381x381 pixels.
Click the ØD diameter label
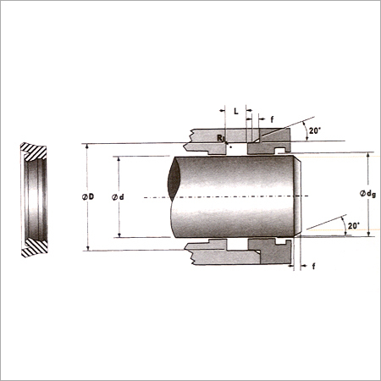(88, 196)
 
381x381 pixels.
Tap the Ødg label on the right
(367, 194)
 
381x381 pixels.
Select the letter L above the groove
(236, 111)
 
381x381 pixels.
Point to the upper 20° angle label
(315, 131)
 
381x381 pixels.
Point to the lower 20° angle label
(354, 226)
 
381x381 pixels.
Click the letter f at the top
(272, 119)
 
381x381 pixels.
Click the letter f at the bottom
(313, 266)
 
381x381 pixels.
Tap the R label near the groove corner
(220, 138)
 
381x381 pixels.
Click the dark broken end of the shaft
(174, 179)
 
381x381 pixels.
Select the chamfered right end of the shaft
(297, 196)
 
